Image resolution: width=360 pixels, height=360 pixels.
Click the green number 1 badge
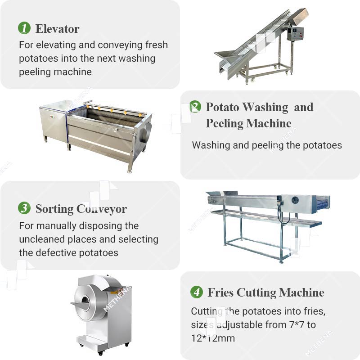click(24, 28)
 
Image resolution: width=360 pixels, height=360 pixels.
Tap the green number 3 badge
click(24, 208)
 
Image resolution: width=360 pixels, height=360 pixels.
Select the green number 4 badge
click(197, 292)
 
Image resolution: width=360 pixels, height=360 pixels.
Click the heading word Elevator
click(58, 29)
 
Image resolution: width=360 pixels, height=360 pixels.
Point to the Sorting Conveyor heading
click(81, 209)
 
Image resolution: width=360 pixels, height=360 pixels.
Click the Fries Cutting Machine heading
click(266, 292)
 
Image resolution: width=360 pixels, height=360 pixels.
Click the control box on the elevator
click(295, 34)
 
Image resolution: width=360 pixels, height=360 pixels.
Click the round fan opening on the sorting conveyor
click(295, 200)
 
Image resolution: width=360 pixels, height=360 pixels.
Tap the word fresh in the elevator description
click(156, 45)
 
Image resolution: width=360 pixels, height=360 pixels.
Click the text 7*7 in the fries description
click(297, 324)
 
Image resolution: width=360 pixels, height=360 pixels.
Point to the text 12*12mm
click(213, 338)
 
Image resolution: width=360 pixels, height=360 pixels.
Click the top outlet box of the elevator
click(300, 17)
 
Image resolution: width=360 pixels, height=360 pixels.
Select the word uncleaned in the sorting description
click(42, 239)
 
